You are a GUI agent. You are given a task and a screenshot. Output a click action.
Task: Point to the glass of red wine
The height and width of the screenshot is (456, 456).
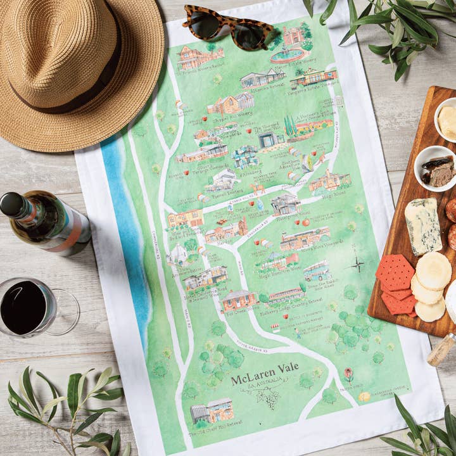point(28,307)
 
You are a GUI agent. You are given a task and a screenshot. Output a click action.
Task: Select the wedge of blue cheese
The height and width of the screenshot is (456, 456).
point(422,225)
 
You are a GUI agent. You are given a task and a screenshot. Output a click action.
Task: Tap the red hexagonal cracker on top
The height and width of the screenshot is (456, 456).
point(395,272)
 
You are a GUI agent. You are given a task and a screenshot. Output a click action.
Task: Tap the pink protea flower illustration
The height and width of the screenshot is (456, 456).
point(348,374)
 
